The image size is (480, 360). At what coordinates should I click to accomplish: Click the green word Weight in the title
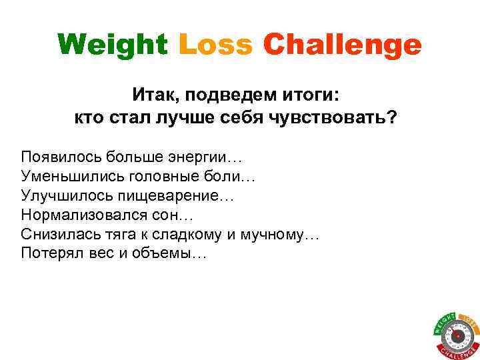click(x=113, y=46)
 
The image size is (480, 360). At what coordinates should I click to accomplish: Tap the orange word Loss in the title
click(x=215, y=45)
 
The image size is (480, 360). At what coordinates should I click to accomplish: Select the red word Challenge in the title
click(x=342, y=46)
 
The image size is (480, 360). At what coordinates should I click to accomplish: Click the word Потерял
click(x=50, y=255)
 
